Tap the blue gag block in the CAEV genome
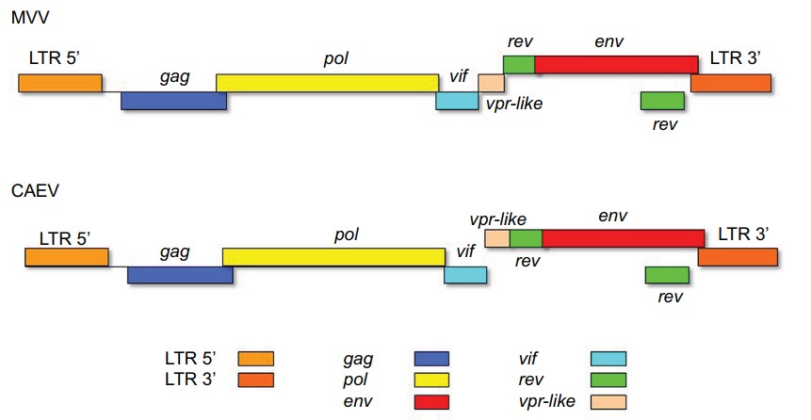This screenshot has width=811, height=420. [180, 274]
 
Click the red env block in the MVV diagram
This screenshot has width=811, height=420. [616, 64]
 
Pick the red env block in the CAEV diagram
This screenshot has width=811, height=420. [623, 237]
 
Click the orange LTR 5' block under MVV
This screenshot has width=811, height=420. [60, 83]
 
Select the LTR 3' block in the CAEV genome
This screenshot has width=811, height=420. [737, 257]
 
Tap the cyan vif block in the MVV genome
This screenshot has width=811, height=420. [457, 101]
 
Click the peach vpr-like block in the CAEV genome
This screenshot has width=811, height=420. [496, 238]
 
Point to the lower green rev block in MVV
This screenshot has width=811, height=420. [661, 101]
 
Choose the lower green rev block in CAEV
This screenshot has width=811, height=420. [667, 274]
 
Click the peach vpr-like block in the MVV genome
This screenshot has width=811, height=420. [491, 82]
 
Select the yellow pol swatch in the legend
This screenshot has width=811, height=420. [431, 380]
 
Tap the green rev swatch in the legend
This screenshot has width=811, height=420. [608, 380]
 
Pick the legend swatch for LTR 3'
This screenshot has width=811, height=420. [255, 380]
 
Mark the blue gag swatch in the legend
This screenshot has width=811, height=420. [431, 359]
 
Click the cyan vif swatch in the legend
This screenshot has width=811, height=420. [608, 359]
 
